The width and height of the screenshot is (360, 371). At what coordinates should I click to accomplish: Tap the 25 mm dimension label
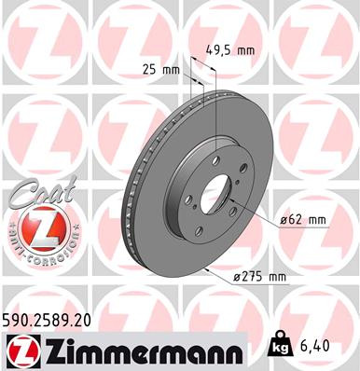point(160,70)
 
